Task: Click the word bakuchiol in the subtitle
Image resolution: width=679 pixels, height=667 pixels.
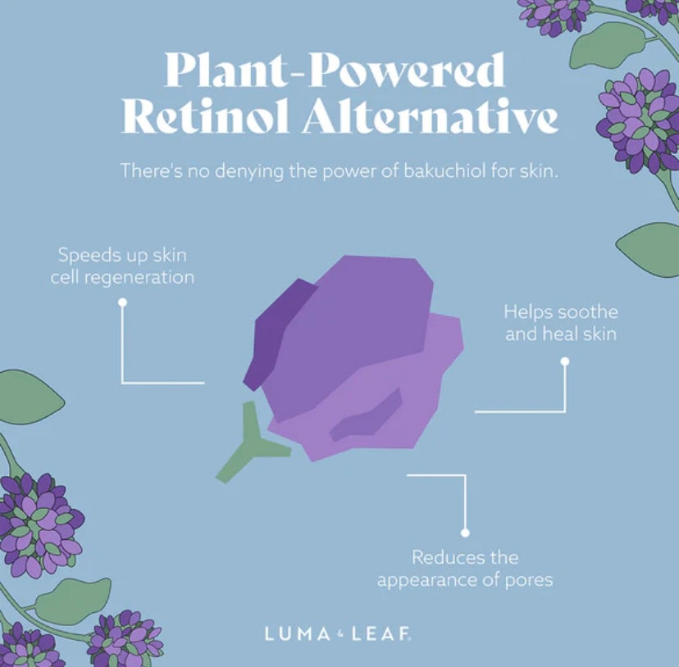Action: (421, 171)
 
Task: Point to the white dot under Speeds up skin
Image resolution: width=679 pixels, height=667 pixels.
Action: (122, 302)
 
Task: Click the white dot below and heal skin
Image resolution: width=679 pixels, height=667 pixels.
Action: (565, 360)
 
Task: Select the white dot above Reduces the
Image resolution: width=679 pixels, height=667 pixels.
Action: (465, 530)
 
